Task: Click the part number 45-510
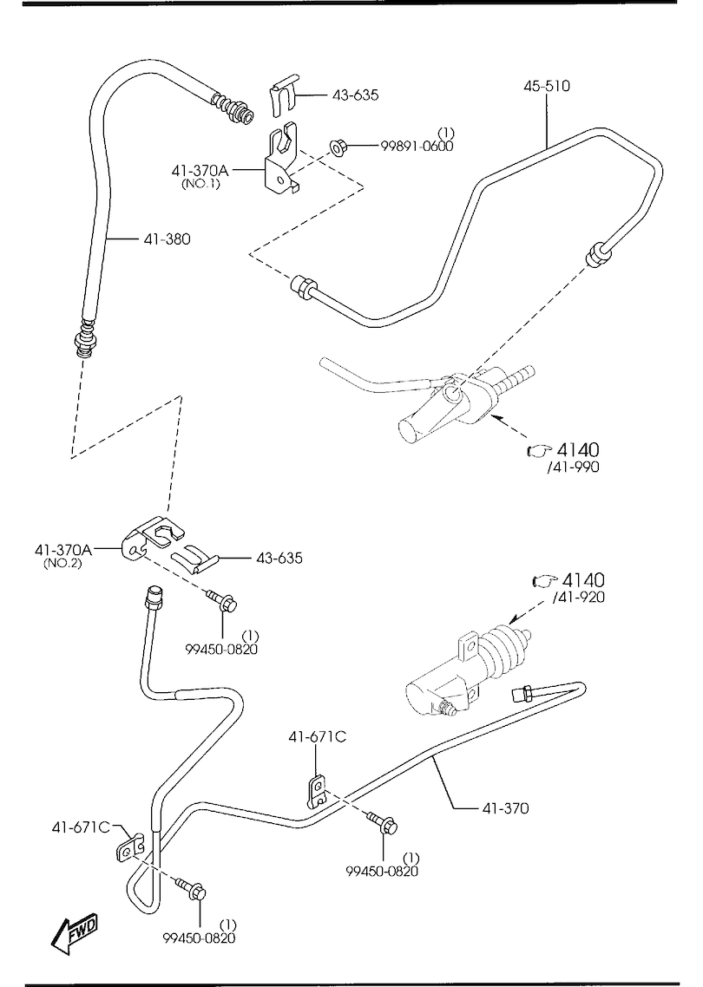pyautogui.click(x=546, y=86)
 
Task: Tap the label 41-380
pyautogui.click(x=167, y=238)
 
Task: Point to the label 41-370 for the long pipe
pyautogui.click(x=505, y=808)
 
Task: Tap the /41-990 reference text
pyautogui.click(x=572, y=467)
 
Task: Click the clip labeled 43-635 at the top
pyautogui.click(x=282, y=96)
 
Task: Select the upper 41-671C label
pyautogui.click(x=318, y=737)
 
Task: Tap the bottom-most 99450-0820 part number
pyautogui.click(x=199, y=937)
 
